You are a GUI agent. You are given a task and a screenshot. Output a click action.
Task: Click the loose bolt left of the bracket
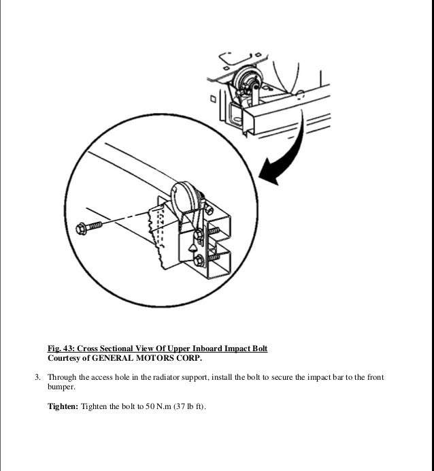[x=90, y=225]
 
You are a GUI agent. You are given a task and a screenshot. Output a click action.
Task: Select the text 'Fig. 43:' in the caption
[x=61, y=348]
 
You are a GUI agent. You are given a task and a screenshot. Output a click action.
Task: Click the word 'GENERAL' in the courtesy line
[x=116, y=358]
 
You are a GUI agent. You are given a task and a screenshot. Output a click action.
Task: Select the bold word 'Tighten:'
[x=63, y=406]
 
